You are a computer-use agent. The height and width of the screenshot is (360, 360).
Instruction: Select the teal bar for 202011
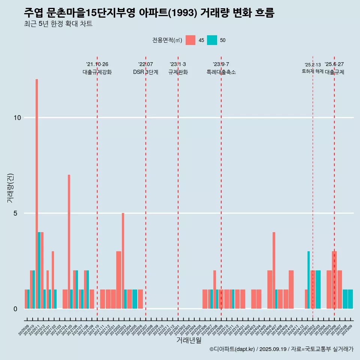39,270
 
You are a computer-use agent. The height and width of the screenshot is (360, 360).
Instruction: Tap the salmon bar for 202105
69,241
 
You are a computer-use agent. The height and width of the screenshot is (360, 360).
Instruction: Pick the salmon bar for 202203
123,261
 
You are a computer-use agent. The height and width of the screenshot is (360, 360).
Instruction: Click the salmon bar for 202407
274,270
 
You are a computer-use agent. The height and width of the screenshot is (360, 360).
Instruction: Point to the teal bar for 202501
309,280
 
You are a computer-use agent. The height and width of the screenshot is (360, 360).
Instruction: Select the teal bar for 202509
350,299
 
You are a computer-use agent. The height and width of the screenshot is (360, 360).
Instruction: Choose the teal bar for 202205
135,299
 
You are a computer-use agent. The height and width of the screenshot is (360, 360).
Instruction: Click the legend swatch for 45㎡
190,40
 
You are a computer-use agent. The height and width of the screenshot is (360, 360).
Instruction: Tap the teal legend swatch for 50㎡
212,40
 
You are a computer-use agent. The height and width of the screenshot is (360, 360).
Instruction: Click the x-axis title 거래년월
189,340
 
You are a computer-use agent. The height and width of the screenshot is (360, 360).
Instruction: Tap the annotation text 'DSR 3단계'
145,72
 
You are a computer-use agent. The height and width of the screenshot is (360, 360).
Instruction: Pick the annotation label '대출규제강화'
97,72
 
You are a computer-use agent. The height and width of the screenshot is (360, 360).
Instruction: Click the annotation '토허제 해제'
312,71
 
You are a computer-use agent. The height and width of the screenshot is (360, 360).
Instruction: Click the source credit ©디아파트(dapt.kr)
232,349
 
